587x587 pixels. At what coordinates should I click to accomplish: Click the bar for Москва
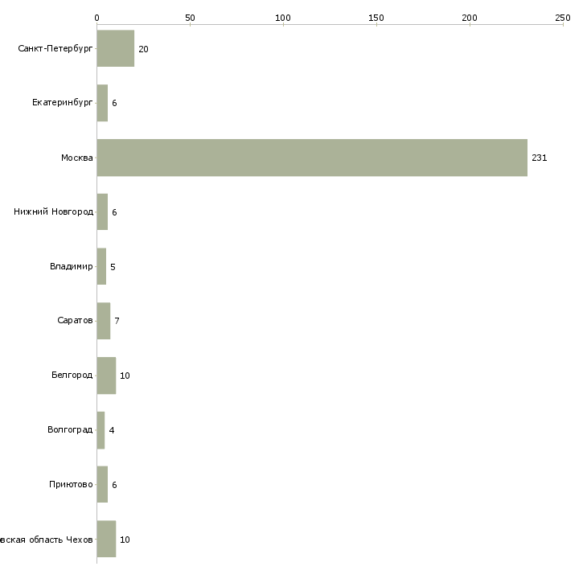312,158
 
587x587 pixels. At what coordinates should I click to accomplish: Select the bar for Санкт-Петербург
115,49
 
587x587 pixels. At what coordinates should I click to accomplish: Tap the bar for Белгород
106,376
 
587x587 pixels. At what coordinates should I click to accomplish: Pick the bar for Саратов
103,321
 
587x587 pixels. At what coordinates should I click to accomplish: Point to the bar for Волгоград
101,430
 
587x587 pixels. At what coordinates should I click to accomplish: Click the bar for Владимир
101,266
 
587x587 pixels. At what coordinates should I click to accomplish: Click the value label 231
539,158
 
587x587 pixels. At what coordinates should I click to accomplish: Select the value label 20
143,49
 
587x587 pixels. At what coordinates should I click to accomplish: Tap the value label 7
117,321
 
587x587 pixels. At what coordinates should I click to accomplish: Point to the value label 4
112,430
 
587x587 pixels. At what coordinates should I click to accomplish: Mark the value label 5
113,266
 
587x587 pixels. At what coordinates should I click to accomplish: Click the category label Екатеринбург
63,103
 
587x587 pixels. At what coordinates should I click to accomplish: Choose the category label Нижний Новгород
53,212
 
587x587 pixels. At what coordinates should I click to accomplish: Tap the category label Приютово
71,485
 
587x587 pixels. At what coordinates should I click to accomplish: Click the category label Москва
77,158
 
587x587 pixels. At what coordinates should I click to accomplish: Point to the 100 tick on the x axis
283,17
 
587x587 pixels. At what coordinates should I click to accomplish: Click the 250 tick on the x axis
563,17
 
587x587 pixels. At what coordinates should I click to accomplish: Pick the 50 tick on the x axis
190,17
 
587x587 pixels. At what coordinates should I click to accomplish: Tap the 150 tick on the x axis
376,17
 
